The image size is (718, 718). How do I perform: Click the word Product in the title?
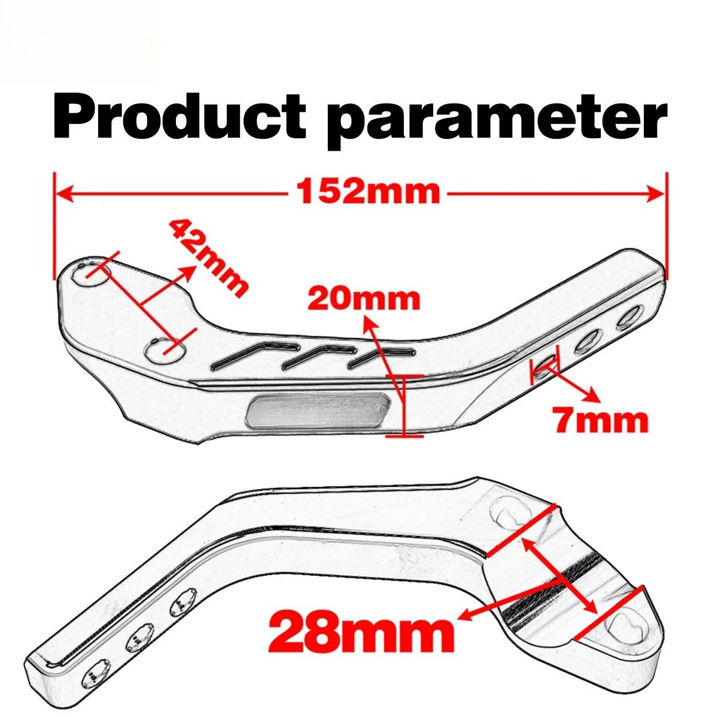180,116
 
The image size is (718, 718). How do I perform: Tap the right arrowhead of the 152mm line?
655,194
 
